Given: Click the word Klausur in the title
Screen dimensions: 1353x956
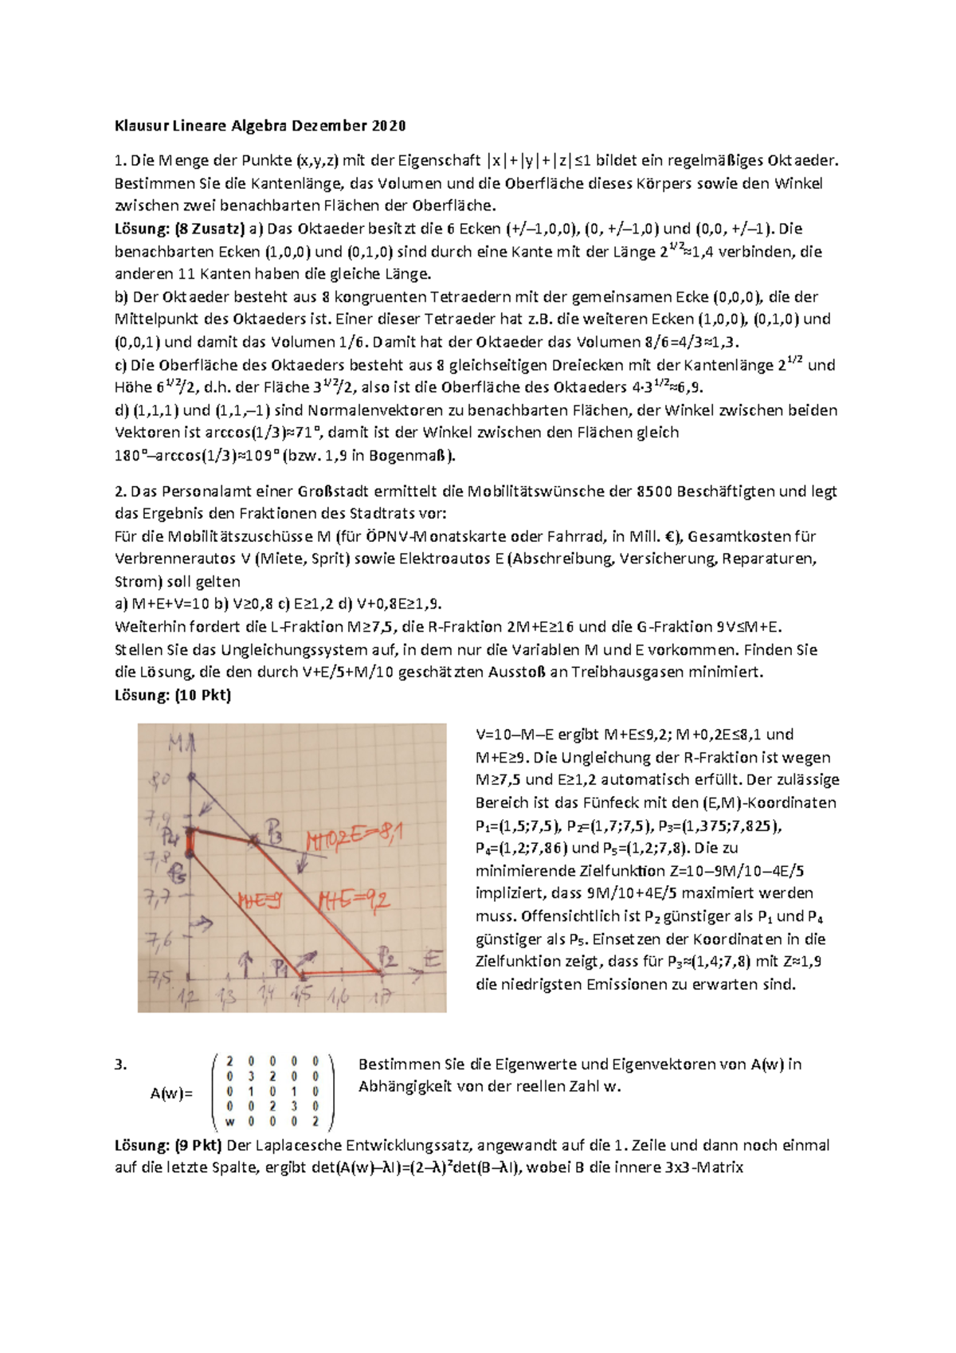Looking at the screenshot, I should [x=136, y=126].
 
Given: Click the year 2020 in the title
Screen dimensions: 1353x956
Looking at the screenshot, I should [x=389, y=126].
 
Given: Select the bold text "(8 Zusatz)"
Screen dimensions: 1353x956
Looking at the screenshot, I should [x=210, y=229].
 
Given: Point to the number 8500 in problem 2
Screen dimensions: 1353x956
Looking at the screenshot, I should [x=655, y=492].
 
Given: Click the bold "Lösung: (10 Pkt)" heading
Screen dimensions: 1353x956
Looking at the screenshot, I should [x=173, y=695].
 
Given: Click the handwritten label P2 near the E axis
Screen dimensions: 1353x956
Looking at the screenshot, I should [x=387, y=956].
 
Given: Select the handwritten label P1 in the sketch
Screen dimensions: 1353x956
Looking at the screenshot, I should [x=280, y=968].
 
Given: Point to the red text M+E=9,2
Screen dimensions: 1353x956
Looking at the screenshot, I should [x=354, y=900].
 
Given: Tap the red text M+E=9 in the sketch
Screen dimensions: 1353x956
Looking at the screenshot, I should [x=261, y=900].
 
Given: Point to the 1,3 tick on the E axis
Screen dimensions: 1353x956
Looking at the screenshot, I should [x=227, y=996].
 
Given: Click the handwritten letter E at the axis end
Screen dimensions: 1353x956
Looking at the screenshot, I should [x=433, y=958].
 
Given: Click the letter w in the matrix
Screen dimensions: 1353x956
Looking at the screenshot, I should [x=230, y=1122].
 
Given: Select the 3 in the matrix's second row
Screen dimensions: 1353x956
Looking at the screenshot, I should [x=251, y=1077].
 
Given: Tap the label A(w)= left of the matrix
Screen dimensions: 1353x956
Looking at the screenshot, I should [x=171, y=1093].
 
